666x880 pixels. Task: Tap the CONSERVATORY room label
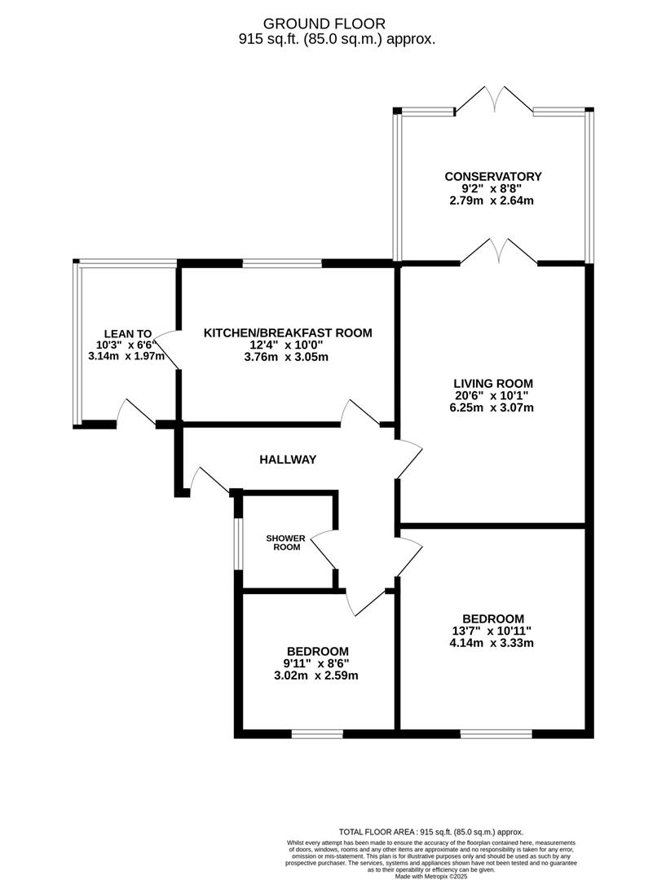492,176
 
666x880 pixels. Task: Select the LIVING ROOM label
493,383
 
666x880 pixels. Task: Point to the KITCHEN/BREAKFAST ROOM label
287,332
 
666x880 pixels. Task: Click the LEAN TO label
127,333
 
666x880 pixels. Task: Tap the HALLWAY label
287,460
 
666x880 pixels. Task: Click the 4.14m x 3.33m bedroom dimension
492,643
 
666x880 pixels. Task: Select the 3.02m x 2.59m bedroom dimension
317,675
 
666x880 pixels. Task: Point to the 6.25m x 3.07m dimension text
493,408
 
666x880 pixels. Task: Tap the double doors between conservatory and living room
499,253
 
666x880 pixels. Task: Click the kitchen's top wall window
282,263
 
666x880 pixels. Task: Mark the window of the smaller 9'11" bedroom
317,734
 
